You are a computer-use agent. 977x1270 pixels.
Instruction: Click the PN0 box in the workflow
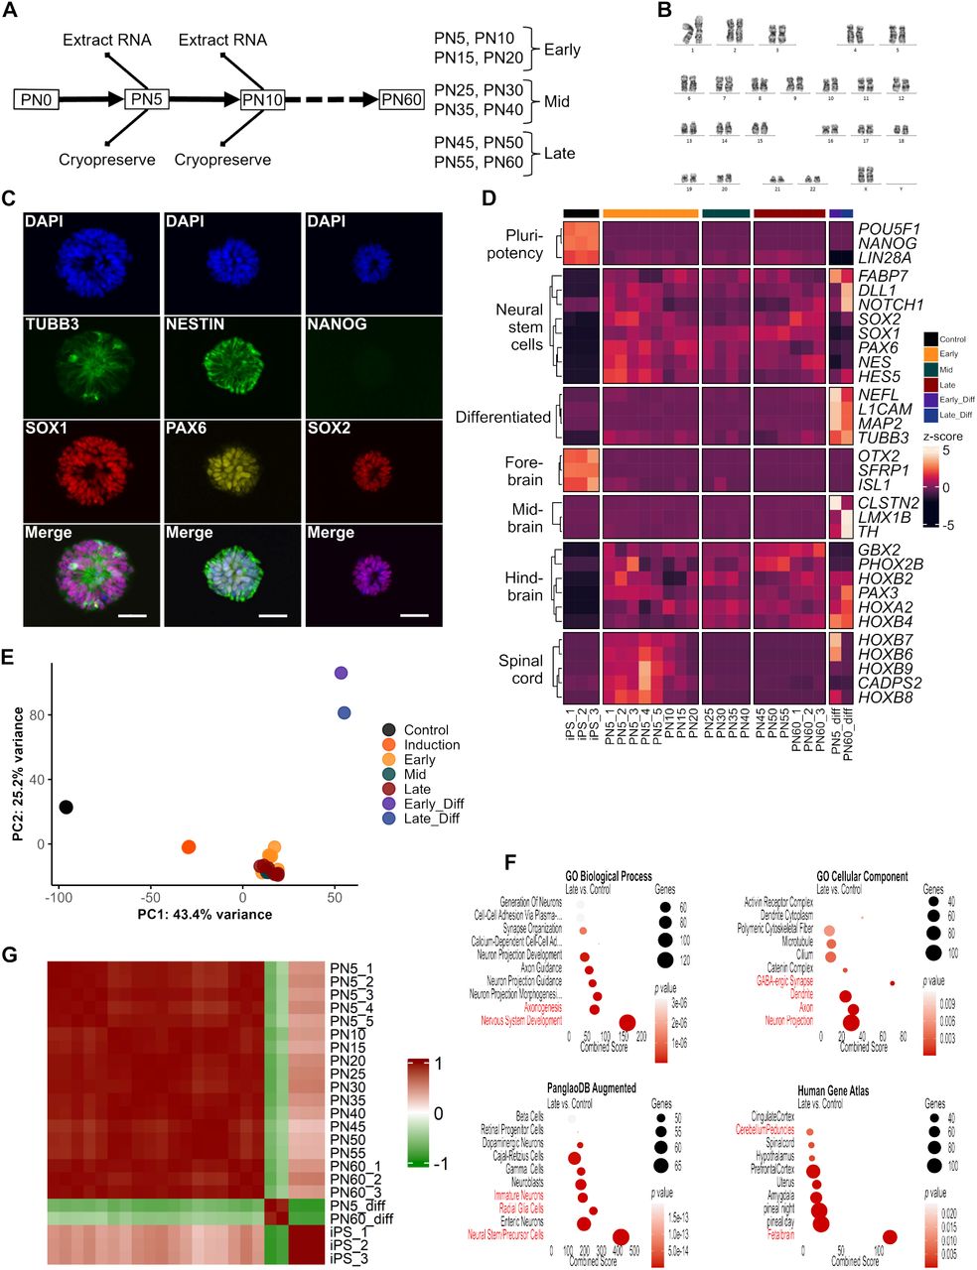[36, 100]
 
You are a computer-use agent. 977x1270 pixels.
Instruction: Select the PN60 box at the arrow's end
[402, 100]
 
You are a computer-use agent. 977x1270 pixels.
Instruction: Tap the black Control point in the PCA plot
[66, 807]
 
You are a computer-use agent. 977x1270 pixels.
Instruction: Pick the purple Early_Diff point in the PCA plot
[341, 673]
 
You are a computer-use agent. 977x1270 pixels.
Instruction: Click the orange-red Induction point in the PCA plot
[188, 846]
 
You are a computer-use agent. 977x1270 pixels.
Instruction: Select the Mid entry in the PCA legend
[414, 774]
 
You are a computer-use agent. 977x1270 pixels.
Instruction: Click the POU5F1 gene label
[888, 229]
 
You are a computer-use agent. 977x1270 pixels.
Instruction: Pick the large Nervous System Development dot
[627, 1023]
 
